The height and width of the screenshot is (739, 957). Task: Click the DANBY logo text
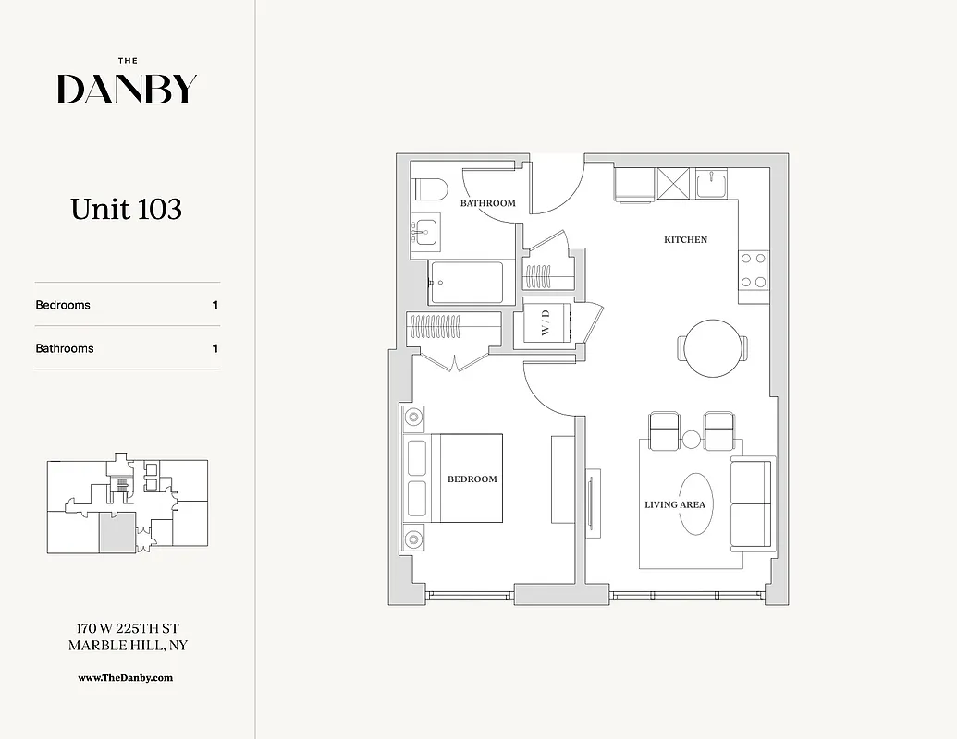coord(127,89)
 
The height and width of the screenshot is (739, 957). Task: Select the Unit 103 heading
coord(127,210)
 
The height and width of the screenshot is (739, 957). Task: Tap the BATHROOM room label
coord(487,203)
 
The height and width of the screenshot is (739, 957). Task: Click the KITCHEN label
coord(685,239)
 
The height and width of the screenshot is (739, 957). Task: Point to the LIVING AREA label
coord(674,504)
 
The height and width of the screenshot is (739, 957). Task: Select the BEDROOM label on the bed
coord(472,479)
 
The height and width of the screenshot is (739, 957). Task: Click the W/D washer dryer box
coord(546,323)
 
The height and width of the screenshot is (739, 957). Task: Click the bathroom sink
coord(426,230)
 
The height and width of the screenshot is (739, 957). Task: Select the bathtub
coord(466,283)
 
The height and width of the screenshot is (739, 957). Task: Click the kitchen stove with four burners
coord(754,270)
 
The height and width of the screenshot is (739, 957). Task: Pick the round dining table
coord(713,348)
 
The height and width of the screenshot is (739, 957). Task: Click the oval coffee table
coord(696,504)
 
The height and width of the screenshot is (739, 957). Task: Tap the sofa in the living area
coord(753,503)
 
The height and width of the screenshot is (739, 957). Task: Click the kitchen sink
coord(710,184)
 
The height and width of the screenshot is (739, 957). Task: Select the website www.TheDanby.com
coord(125,677)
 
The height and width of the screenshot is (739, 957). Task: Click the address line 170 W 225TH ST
coord(128,628)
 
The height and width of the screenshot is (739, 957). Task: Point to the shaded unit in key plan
coord(117,533)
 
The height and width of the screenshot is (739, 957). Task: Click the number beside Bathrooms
coord(215,348)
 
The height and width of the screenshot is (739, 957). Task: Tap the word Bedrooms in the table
coord(63,305)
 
